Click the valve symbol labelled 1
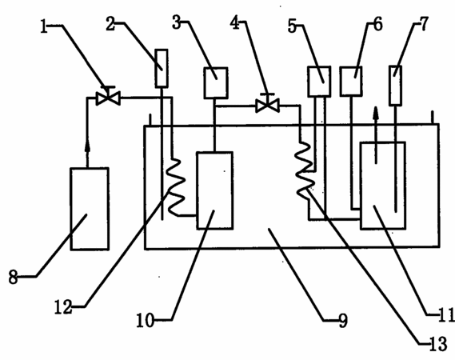(x=108, y=96)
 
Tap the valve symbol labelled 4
(x=267, y=104)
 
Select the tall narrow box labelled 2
(x=162, y=69)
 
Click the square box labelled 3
(x=216, y=82)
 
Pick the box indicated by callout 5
(x=319, y=82)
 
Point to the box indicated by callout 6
(x=351, y=81)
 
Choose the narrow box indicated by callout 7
(x=395, y=86)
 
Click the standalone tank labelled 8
(x=90, y=209)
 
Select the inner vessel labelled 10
(x=215, y=190)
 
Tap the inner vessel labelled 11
(x=383, y=186)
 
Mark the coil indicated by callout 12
(x=176, y=187)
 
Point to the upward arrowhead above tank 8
(x=87, y=146)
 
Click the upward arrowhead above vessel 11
(x=376, y=114)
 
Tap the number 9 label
(x=343, y=321)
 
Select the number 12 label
(x=63, y=307)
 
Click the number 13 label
(x=438, y=345)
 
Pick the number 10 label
(x=145, y=321)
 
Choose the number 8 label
(x=13, y=278)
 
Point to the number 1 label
(x=44, y=26)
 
